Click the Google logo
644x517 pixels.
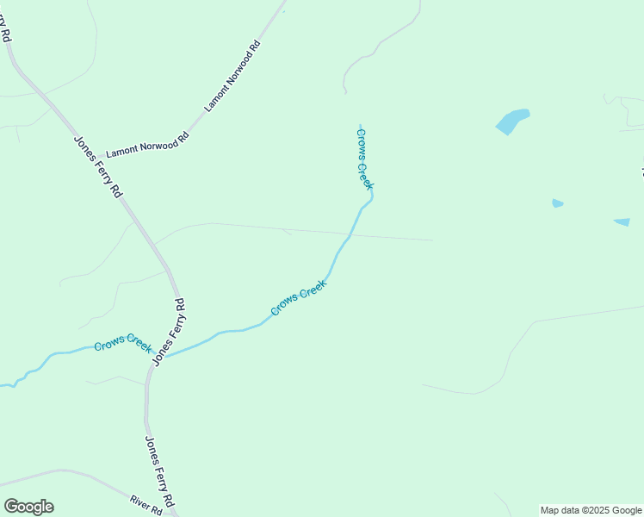coord(28,507)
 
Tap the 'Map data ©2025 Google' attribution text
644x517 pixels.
coord(591,510)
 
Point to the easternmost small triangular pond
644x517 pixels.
coord(622,222)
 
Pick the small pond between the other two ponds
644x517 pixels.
coord(557,203)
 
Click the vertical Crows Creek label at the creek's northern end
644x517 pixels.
coord(365,158)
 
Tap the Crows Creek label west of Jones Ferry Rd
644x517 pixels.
coord(123,343)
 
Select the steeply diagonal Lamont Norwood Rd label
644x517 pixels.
coord(232,76)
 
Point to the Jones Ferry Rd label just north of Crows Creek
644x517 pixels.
coord(169,332)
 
